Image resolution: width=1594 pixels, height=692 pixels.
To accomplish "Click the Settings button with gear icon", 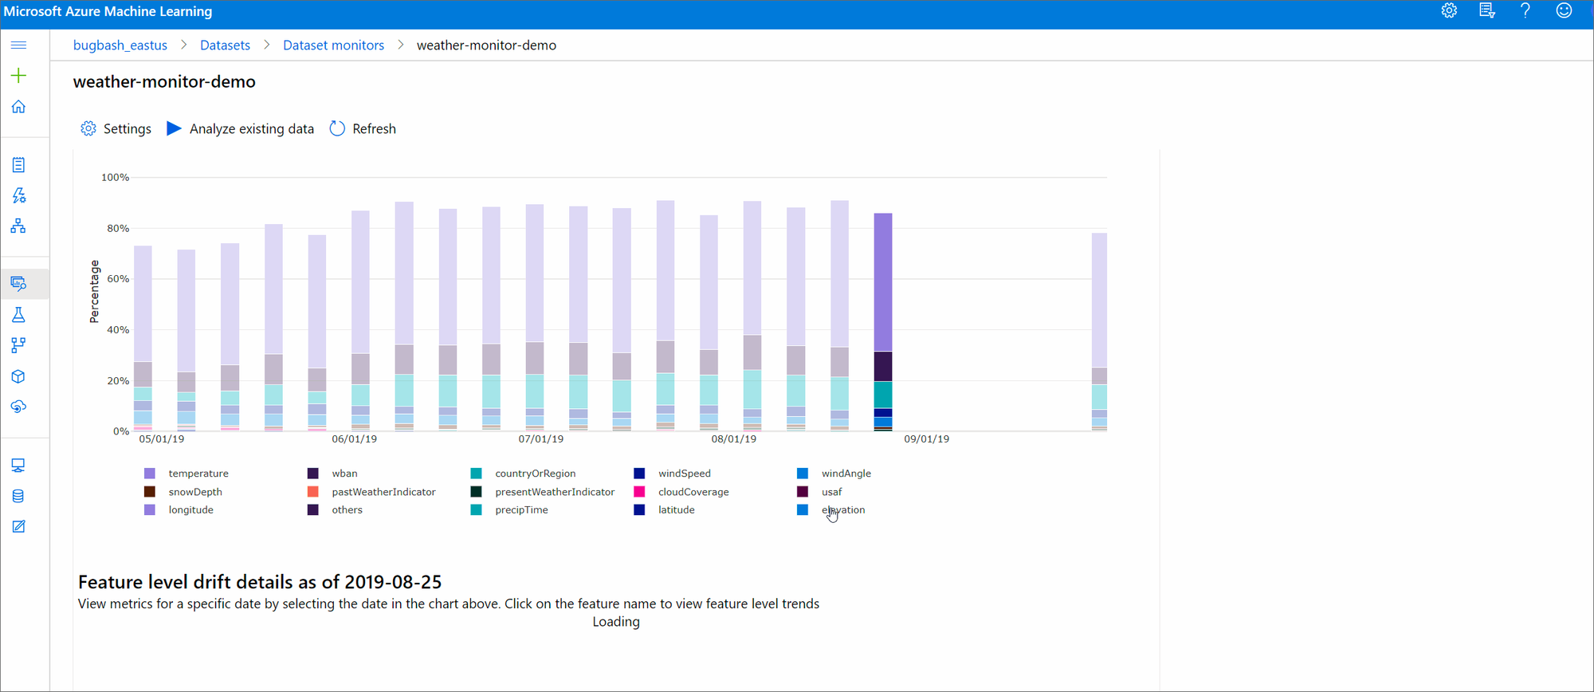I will pos(116,128).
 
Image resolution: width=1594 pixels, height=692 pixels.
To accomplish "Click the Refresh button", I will pos(363,128).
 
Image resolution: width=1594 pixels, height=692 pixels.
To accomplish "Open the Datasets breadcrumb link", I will pos(225,45).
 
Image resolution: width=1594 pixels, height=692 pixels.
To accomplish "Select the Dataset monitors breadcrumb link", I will pos(333,45).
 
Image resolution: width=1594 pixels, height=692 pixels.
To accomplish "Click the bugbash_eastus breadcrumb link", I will pos(120,45).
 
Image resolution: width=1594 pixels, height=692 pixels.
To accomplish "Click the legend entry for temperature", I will pos(198,474).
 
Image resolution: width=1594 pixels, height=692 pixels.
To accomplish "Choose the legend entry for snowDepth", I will pos(194,492).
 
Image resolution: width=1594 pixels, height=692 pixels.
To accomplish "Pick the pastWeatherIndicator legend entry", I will pos(383,492).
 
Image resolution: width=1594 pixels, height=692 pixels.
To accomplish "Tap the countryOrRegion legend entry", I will pos(534,474).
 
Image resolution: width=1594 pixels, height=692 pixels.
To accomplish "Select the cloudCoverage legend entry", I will pos(693,492).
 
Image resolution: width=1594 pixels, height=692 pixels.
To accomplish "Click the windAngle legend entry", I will pos(846,474).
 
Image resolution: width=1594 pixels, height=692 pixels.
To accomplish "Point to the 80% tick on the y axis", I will pos(118,228).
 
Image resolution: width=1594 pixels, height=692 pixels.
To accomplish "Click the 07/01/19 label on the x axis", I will pos(540,439).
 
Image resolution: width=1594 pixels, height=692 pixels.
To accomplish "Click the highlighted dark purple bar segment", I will pos(883,366).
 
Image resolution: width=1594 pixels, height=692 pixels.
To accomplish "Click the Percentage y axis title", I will pos(94,291).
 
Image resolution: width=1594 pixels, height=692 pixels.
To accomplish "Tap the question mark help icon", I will pos(1525,11).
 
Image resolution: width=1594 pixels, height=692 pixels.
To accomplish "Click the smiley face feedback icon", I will pos(1564,11).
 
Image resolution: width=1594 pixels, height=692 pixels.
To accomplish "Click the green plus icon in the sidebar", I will pos(18,76).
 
